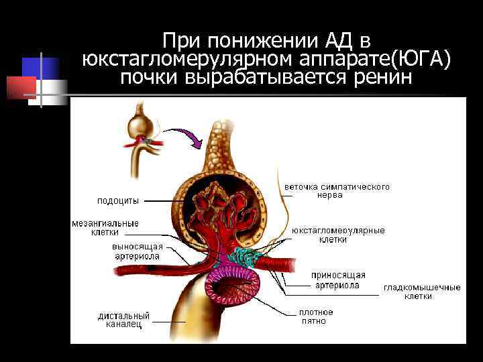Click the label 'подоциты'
click(118, 200)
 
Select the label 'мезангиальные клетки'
click(105, 228)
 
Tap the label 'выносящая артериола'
click(136, 251)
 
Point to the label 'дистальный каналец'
click(123, 320)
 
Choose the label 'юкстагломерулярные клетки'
click(338, 235)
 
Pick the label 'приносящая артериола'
click(338, 280)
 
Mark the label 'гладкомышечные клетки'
click(422, 292)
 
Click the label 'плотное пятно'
click(315, 316)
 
